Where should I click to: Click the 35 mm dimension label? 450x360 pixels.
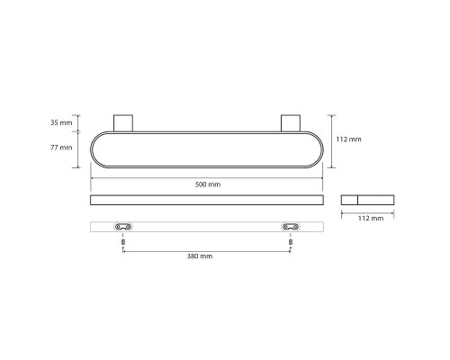click(x=61, y=122)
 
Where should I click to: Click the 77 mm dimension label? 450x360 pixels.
click(x=61, y=148)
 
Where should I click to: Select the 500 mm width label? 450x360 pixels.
click(x=208, y=184)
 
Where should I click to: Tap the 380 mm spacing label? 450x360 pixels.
click(x=200, y=256)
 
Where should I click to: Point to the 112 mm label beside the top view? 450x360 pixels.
click(x=348, y=139)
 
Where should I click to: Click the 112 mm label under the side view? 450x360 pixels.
click(x=371, y=218)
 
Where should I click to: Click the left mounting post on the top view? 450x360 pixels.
click(x=123, y=123)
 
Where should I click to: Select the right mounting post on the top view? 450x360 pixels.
click(x=291, y=123)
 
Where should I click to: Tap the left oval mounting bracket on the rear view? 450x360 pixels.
click(x=123, y=227)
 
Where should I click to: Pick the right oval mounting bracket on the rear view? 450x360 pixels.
click(x=291, y=227)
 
